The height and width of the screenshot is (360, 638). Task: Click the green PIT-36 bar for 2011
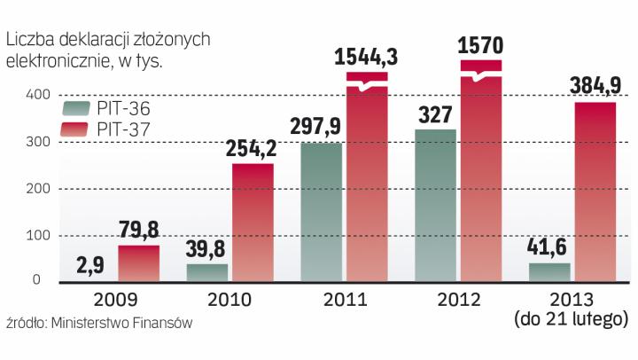click(x=321, y=213)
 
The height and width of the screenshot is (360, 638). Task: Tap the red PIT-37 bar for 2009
click(x=139, y=264)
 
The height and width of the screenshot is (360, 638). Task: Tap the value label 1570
click(x=481, y=45)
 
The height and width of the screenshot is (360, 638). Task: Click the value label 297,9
click(x=320, y=127)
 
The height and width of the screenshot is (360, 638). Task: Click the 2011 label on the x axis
click(x=344, y=299)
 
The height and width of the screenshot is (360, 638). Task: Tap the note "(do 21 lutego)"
click(x=571, y=317)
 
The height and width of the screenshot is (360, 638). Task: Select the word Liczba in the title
click(x=32, y=40)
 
